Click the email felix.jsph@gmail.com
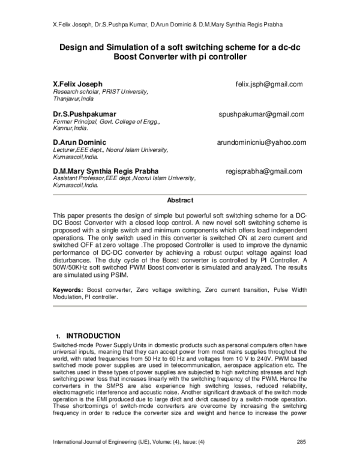[269, 85]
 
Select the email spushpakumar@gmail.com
[262, 114]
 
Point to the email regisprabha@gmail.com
[264, 171]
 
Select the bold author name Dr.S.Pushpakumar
[84, 114]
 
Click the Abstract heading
[180, 201]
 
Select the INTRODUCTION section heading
[93, 336]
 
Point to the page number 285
[302, 459]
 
